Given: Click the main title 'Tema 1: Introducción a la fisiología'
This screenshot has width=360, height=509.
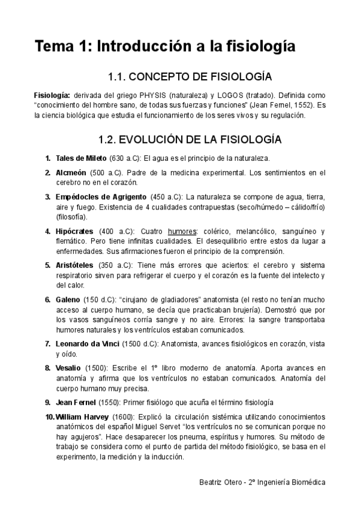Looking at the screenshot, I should pyautogui.click(x=164, y=46).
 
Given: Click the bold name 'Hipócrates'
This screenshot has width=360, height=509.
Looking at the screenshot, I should pyautogui.click(x=75, y=231).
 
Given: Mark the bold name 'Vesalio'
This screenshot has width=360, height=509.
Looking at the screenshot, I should pyautogui.click(x=70, y=367).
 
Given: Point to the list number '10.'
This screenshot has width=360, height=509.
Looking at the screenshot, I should pyautogui.click(x=49, y=416).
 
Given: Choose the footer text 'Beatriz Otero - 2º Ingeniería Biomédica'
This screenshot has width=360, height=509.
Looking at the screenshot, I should pyautogui.click(x=262, y=482).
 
